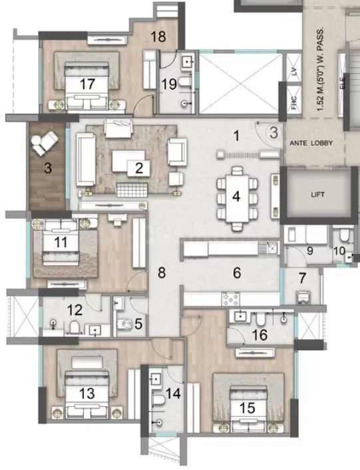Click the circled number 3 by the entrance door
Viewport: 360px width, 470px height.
(x=273, y=131)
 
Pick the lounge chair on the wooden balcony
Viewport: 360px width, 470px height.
(x=48, y=141)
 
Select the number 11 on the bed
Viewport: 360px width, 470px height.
(x=61, y=243)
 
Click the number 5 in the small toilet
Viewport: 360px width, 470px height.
(x=138, y=324)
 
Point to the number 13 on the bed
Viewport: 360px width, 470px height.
(x=87, y=392)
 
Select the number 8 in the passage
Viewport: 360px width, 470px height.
(x=160, y=272)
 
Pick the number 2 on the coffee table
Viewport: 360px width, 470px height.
(x=138, y=168)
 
